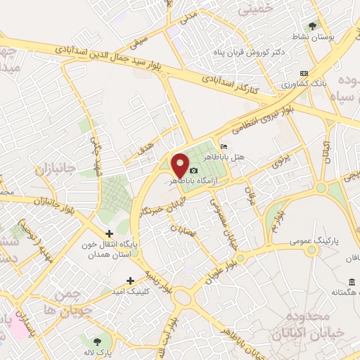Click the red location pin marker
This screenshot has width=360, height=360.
[180, 165]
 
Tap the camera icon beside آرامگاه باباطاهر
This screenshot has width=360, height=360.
[194, 171]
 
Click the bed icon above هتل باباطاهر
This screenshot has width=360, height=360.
[224, 146]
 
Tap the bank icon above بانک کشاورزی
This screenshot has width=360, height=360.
[304, 73]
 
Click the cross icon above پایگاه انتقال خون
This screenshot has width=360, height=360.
[109, 233]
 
